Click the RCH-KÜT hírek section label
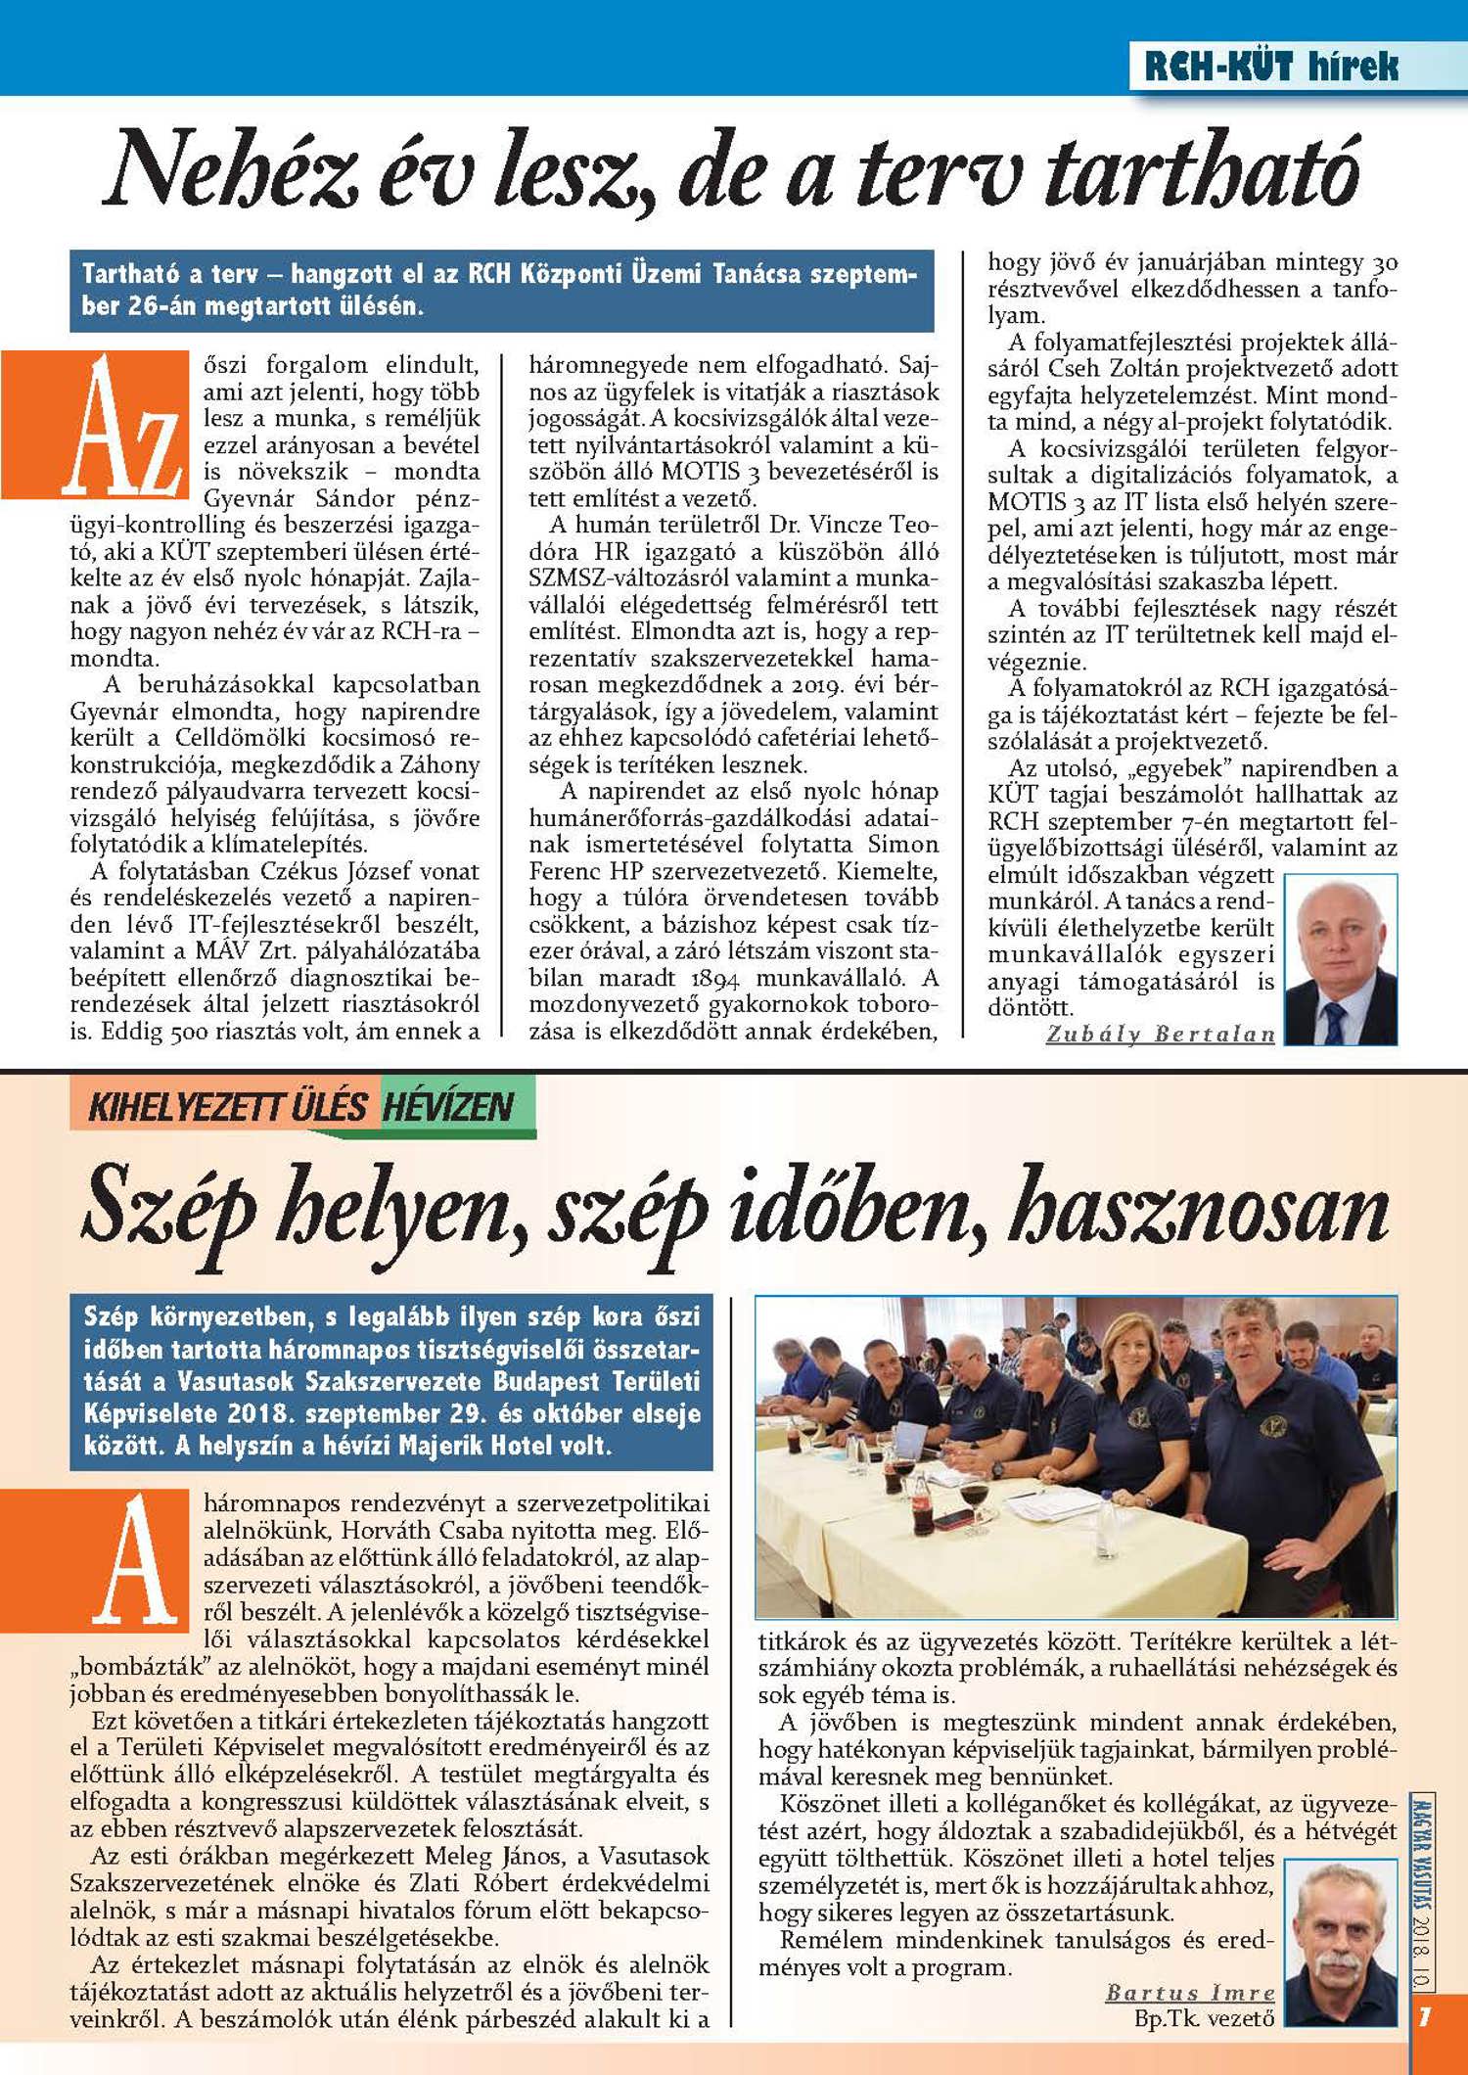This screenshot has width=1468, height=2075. click(x=1270, y=66)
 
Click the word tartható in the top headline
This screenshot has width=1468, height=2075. click(x=1203, y=171)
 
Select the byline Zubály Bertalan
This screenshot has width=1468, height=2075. click(x=1161, y=1034)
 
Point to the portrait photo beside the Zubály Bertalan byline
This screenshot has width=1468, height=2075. click(x=1340, y=959)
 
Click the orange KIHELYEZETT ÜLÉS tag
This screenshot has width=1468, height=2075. click(x=226, y=1106)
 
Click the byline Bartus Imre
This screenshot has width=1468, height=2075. click(x=1190, y=1993)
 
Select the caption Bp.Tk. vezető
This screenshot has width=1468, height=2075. click(x=1204, y=2018)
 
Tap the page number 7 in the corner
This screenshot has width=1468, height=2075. click(x=1425, y=2017)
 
